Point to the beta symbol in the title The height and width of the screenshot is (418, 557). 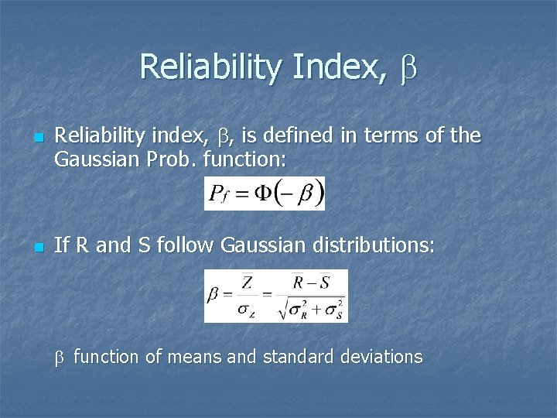coord(408,68)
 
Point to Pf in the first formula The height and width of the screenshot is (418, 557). coord(220,194)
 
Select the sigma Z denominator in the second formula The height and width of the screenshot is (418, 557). coord(246,310)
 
